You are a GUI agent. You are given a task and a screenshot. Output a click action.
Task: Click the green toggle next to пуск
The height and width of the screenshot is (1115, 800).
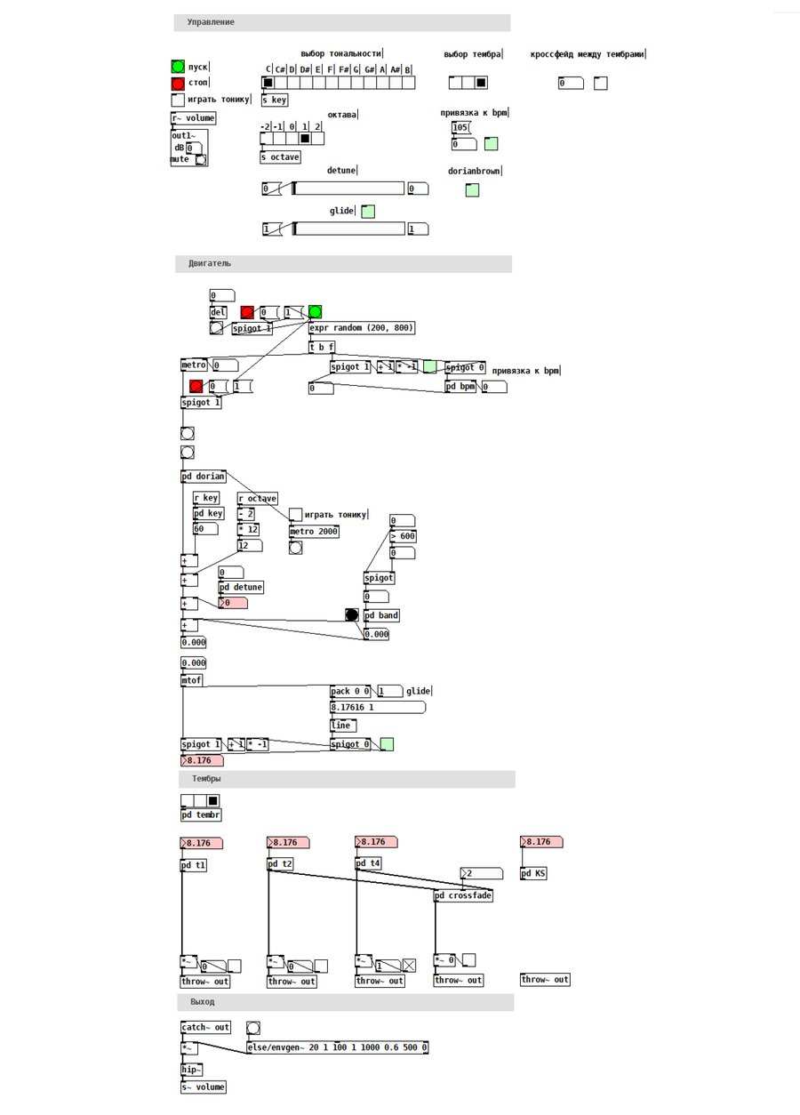178,67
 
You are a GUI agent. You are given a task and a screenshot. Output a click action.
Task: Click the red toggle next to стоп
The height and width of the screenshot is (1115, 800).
178,84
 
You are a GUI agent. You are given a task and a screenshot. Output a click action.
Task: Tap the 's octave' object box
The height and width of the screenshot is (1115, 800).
280,157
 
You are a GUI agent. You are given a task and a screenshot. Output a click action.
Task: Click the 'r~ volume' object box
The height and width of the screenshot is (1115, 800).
193,118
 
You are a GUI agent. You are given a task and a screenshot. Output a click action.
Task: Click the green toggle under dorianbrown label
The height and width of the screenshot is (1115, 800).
472,189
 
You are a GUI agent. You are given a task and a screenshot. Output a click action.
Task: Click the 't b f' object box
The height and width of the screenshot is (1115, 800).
322,348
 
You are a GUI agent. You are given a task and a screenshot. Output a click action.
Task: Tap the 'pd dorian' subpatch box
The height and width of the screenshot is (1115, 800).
204,477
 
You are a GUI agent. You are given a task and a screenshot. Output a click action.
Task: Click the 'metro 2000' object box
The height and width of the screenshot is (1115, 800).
314,532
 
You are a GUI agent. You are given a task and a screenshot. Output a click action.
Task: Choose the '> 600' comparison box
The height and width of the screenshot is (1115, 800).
403,536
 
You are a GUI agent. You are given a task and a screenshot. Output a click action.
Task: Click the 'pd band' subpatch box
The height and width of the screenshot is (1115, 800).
382,615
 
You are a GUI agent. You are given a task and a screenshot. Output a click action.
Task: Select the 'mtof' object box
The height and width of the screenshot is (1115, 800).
192,681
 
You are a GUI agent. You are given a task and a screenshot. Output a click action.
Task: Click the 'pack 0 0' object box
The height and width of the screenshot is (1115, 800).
350,691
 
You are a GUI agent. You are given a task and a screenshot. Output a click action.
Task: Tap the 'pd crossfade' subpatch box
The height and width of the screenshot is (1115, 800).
463,895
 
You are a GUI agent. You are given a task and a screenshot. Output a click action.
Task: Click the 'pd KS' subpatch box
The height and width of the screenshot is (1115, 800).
533,873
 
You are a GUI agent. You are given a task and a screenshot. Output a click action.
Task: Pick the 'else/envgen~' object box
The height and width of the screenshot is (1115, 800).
338,1047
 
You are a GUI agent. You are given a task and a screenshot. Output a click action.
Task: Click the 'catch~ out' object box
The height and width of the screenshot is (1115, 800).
205,1027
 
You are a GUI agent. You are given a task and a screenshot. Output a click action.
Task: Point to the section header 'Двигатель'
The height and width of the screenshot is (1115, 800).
210,264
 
